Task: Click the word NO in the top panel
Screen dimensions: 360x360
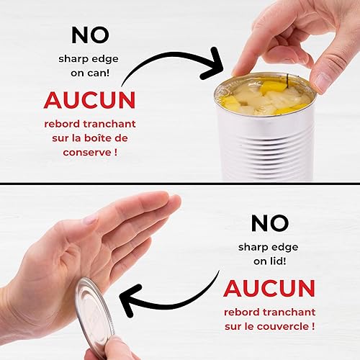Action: (x=90, y=34)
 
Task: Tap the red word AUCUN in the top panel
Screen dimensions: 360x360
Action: (x=89, y=99)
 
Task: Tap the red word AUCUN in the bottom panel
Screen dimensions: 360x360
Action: (x=269, y=287)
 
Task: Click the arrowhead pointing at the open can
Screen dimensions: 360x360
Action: (x=220, y=63)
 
